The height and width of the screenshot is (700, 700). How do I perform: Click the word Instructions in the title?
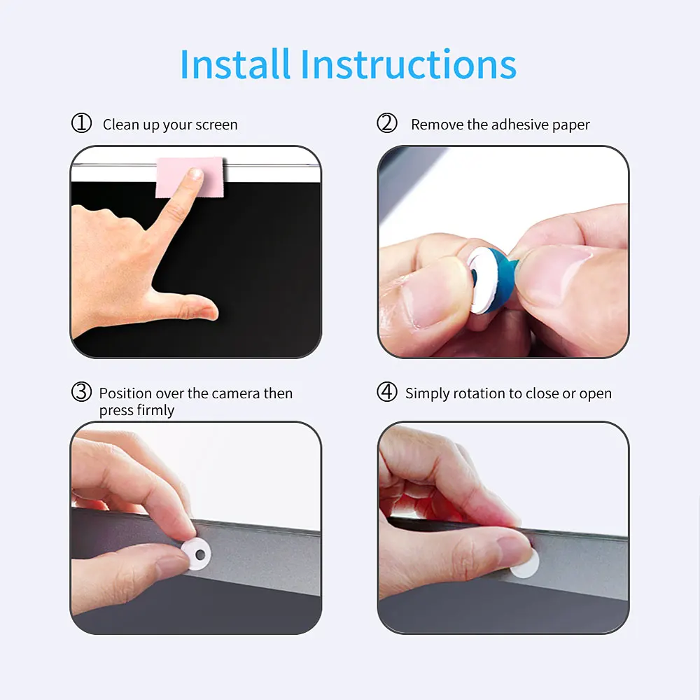point(409,64)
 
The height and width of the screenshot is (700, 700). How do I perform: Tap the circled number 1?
point(82,124)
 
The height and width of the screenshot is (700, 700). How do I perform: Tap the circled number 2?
point(387,124)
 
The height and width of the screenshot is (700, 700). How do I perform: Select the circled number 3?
point(82,393)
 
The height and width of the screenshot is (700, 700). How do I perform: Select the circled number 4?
point(387,393)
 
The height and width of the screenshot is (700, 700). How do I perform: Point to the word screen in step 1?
point(216,125)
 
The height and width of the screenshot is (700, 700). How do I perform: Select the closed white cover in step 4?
point(524,563)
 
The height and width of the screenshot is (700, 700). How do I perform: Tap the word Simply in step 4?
point(427,393)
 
